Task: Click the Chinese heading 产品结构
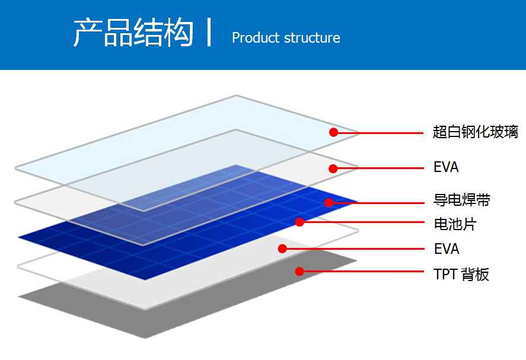[x=133, y=32]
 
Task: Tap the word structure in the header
[x=313, y=38]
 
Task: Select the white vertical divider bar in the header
[x=209, y=32]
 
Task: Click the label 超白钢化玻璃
[x=476, y=132]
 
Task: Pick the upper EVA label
[x=446, y=167]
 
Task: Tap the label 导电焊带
[x=461, y=200]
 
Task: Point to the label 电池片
[x=455, y=224]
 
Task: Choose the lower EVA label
[x=447, y=249]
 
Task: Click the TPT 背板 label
[x=461, y=275]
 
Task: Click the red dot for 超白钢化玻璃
[x=333, y=132]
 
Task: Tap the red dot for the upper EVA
[x=333, y=168]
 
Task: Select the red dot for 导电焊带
[x=329, y=203]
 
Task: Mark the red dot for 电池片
[x=299, y=222]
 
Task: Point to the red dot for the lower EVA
[x=282, y=249]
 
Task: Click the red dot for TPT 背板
[x=299, y=271]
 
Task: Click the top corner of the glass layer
[x=236, y=95]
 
